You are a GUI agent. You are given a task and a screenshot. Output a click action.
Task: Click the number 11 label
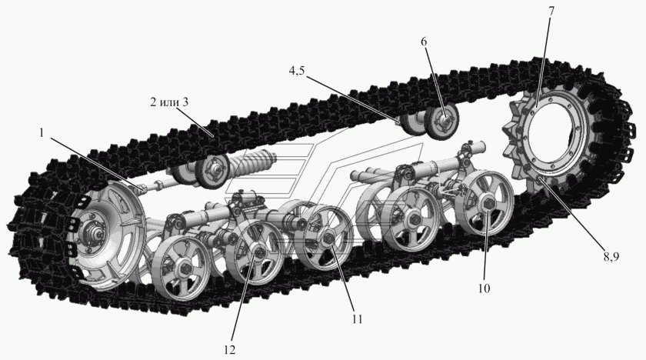356,318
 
